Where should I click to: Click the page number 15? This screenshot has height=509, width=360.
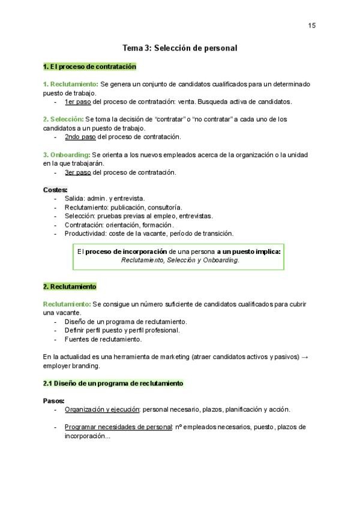311,25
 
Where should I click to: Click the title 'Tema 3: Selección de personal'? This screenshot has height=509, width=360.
180,47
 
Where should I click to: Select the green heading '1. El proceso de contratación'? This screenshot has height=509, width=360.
89,67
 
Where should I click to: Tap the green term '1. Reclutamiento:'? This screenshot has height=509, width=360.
70,84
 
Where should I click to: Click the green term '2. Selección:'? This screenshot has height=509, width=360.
63,119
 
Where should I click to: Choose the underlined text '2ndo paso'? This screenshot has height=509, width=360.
80,137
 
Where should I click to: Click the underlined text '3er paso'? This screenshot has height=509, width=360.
77,172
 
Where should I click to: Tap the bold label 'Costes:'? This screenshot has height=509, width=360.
55,190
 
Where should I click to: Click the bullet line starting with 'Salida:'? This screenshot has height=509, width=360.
104,198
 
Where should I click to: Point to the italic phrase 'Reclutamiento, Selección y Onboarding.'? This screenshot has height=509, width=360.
180,261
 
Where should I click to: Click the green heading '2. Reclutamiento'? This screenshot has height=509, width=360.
70,287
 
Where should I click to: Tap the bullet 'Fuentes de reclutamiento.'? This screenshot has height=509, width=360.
103,339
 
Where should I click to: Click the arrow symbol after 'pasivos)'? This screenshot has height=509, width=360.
305,357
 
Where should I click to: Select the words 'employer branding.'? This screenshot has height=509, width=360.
72,366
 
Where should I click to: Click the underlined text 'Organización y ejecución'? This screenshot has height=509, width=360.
102,409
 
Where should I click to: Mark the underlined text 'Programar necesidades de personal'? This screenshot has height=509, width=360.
118,427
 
